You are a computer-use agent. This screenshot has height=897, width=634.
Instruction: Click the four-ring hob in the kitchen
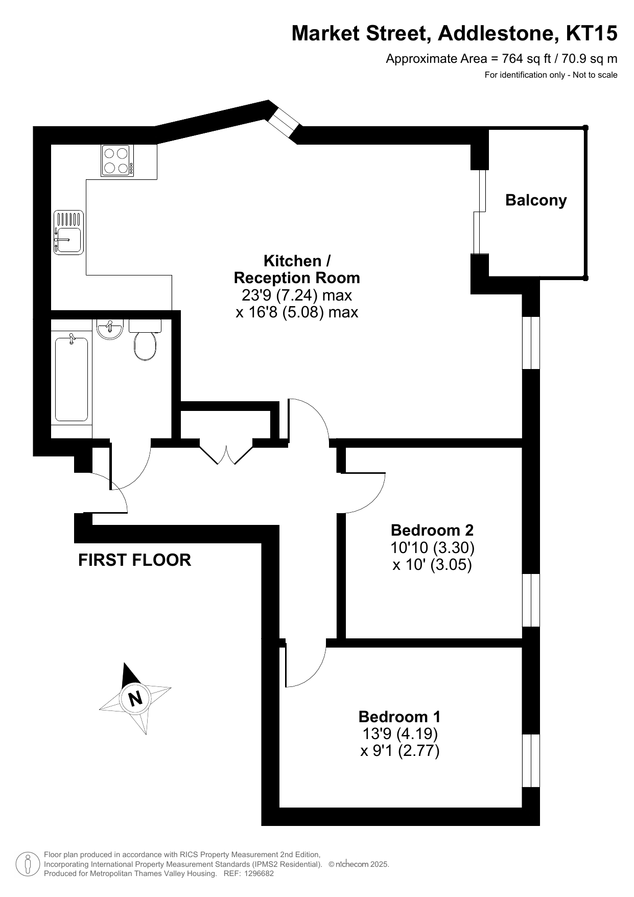tap(118, 160)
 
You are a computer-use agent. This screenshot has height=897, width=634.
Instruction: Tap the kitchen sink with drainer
tap(68, 233)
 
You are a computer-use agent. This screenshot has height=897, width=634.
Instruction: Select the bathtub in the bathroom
tap(72, 378)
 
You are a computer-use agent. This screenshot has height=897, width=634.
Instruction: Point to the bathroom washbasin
tap(109, 329)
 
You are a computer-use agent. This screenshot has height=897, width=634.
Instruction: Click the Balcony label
tap(536, 200)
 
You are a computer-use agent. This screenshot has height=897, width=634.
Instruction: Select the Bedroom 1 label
tap(400, 717)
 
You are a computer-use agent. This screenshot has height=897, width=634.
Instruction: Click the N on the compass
tap(135, 698)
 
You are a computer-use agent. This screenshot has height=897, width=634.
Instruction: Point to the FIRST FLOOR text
tap(135, 560)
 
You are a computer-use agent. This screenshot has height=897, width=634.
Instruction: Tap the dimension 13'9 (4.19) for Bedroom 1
tap(400, 734)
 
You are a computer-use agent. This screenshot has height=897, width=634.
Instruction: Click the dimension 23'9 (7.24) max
tap(297, 295)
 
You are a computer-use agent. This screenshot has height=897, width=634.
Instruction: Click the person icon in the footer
tap(28, 864)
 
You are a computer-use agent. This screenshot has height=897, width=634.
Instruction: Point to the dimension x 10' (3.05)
tap(432, 565)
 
